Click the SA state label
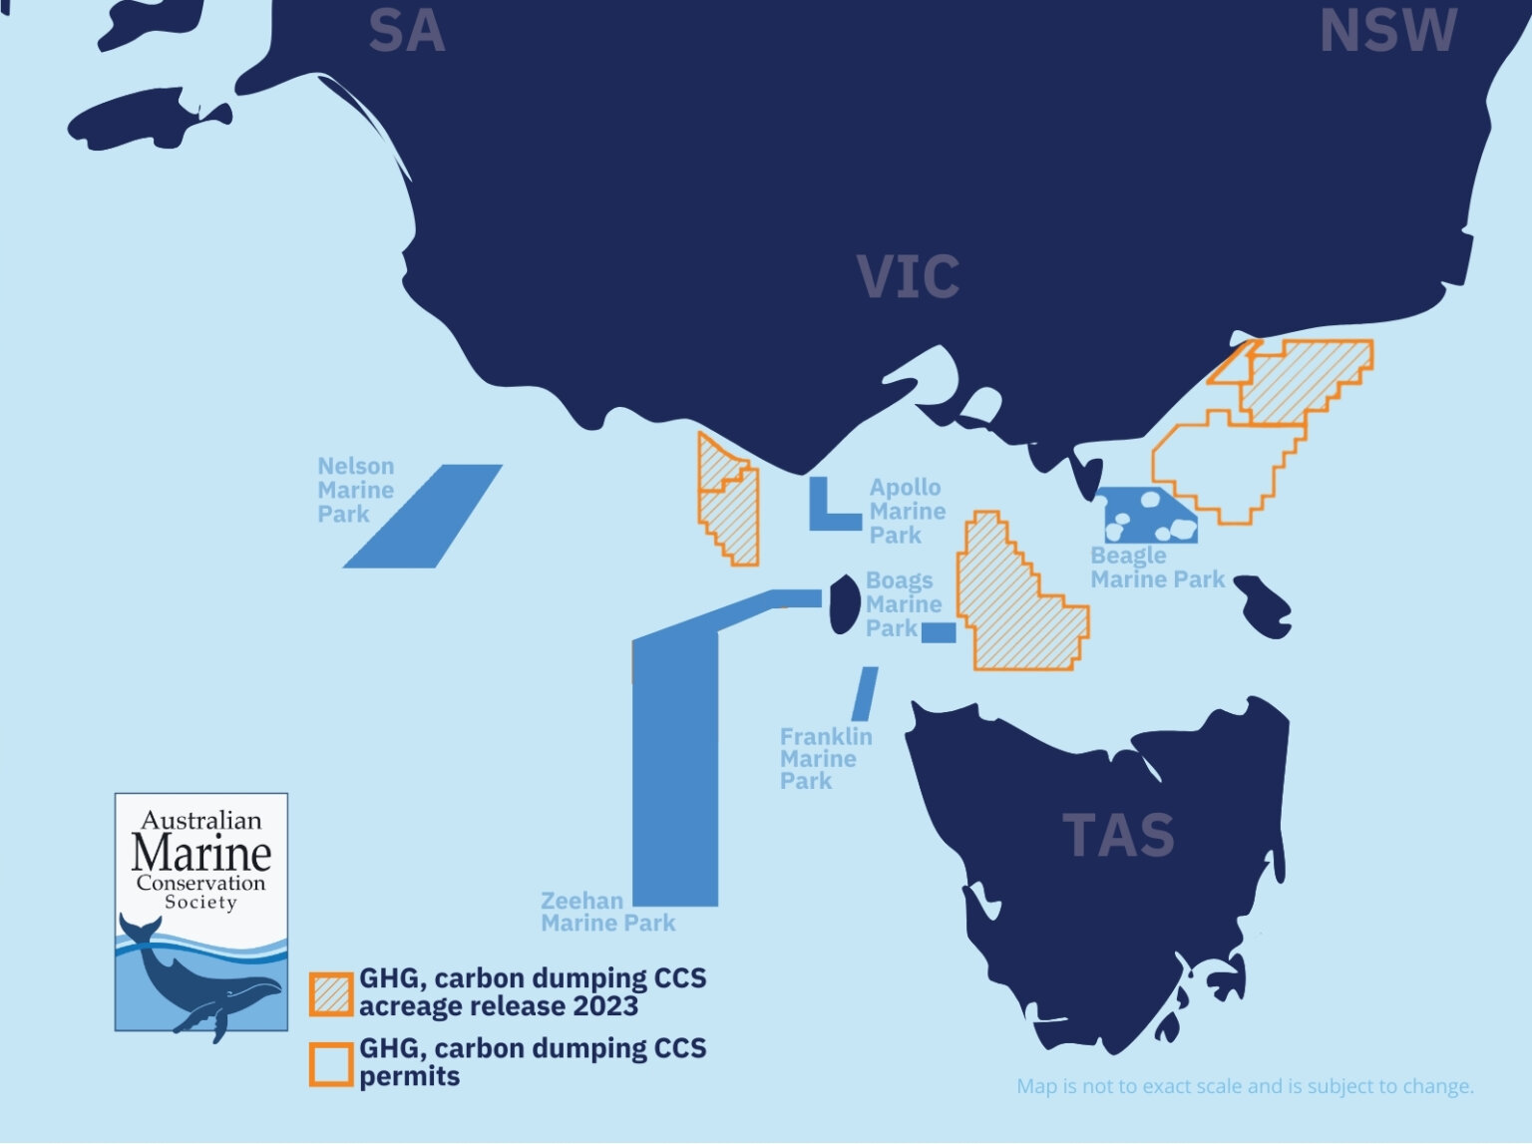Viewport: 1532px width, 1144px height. [x=406, y=32]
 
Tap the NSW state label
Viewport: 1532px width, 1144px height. [x=1387, y=32]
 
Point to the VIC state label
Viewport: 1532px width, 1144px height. [x=908, y=277]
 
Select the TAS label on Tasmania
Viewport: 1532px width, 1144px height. [x=1117, y=836]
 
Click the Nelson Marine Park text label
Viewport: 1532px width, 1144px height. [x=356, y=490]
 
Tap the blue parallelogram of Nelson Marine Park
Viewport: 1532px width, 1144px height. [x=423, y=516]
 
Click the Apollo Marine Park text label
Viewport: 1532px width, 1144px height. [x=907, y=511]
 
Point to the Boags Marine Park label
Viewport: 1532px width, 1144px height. [x=903, y=603]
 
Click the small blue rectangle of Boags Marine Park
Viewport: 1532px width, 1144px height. [x=939, y=632]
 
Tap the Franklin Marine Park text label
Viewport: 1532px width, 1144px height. [x=825, y=758]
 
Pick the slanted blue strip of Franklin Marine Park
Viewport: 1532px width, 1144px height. [x=865, y=693]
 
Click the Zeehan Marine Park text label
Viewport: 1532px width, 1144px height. [x=607, y=912]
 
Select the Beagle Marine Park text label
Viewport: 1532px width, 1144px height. [x=1157, y=568]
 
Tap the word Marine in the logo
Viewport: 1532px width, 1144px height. [x=201, y=853]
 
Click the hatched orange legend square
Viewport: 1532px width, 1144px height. [x=330, y=993]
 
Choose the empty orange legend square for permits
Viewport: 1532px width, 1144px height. [x=330, y=1064]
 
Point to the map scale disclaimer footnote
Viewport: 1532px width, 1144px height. [x=1245, y=1086]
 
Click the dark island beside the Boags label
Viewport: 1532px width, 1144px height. [x=845, y=604]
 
